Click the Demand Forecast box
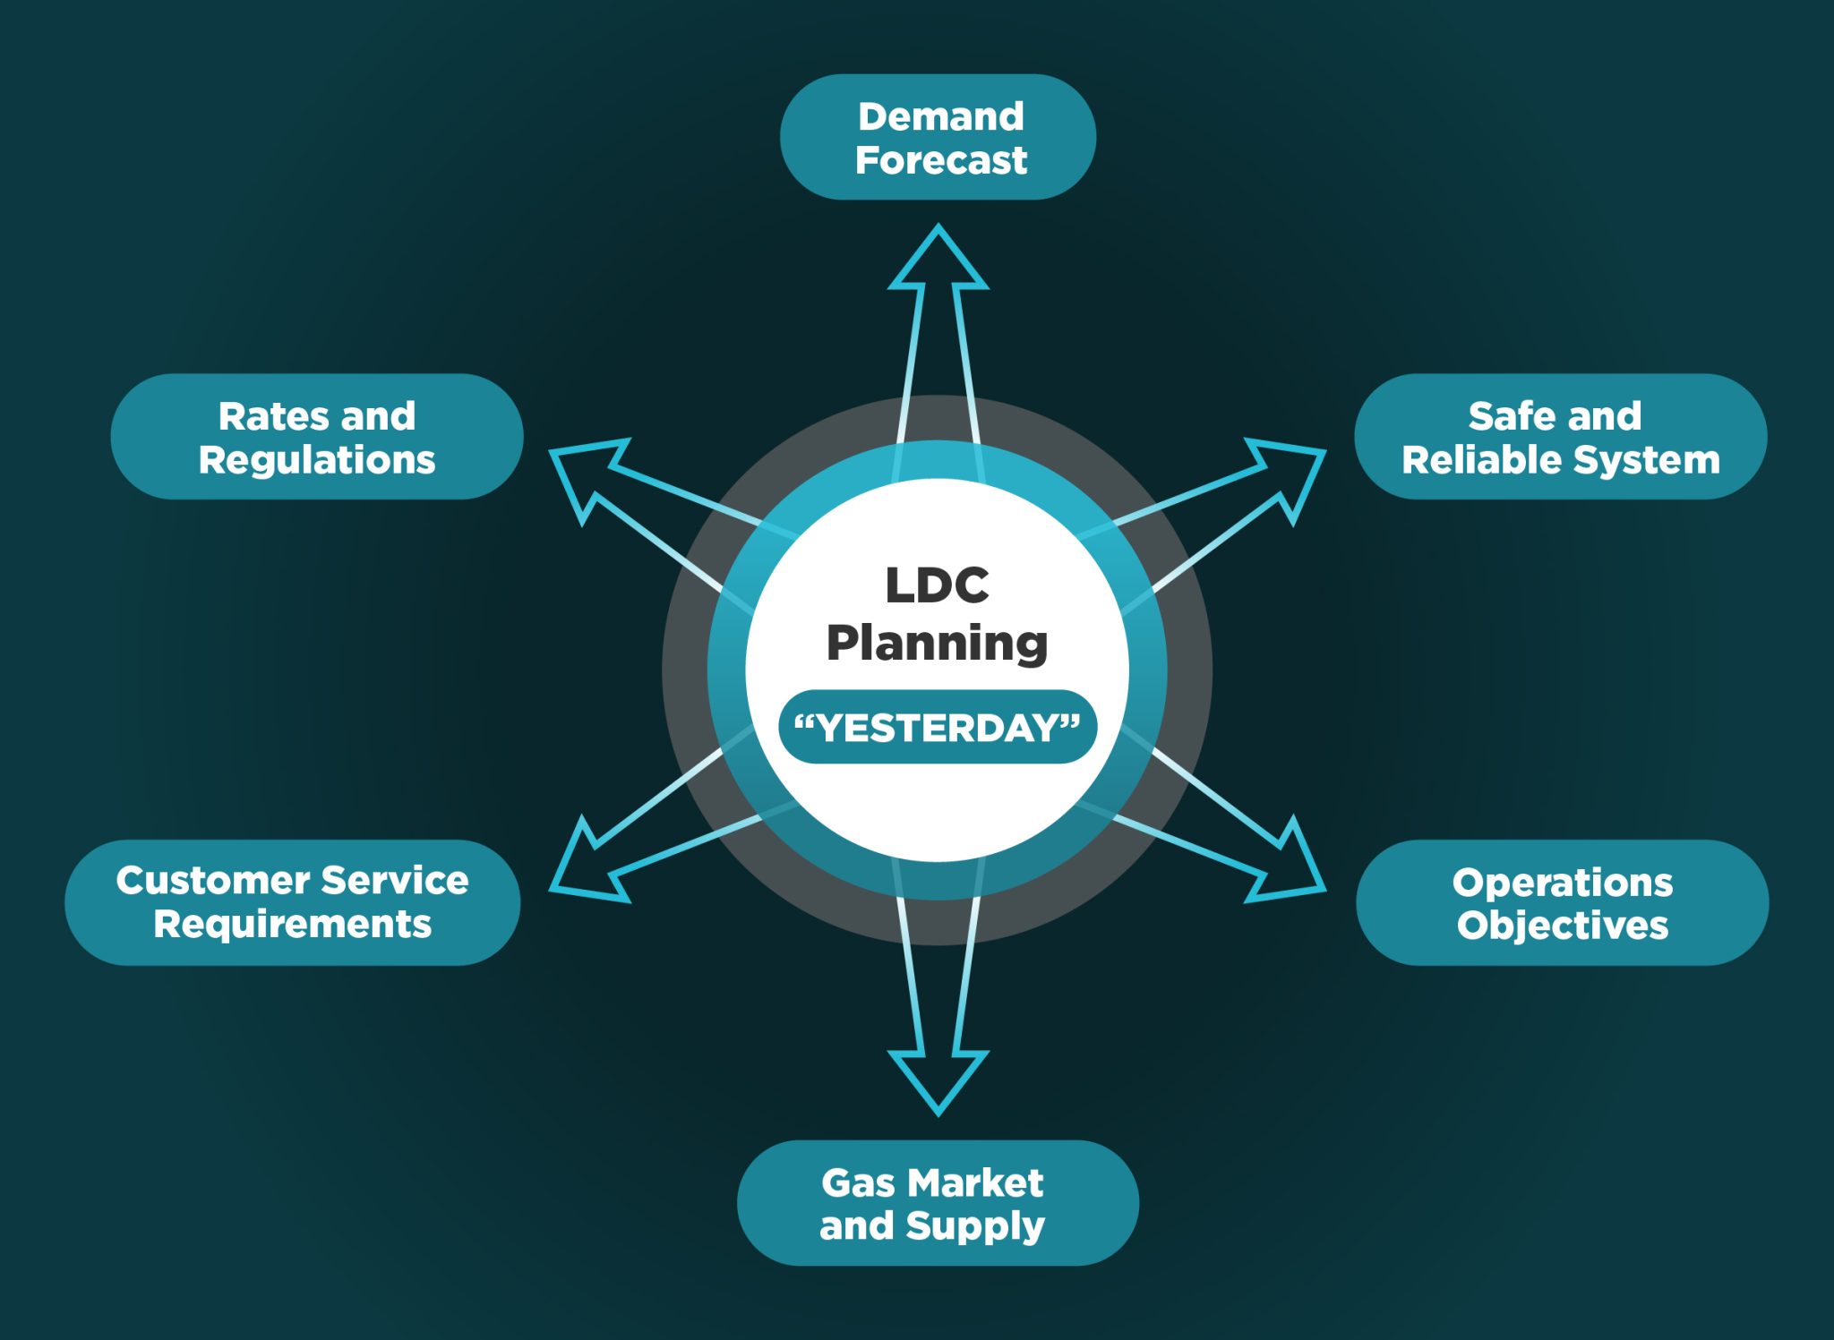point(938,137)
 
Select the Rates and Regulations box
point(317,436)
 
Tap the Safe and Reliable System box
point(1560,436)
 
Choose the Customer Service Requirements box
point(292,901)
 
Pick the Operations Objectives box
point(1562,902)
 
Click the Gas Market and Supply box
point(938,1202)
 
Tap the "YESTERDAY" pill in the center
point(938,727)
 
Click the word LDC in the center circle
point(937,585)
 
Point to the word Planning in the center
point(937,643)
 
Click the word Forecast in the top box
point(940,160)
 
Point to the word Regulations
point(317,460)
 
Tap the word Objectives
point(1562,926)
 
